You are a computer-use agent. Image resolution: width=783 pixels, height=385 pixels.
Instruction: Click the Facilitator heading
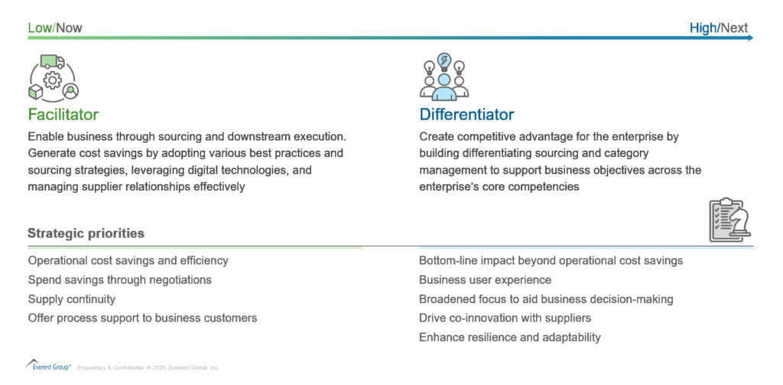(x=63, y=115)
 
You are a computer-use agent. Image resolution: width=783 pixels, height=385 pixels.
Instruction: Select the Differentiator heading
(x=466, y=115)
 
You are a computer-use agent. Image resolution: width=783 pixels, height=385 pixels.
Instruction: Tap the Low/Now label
(x=55, y=28)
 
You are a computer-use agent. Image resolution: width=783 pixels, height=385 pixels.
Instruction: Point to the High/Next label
(x=719, y=28)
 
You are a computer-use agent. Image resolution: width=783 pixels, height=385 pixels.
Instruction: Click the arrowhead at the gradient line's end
(x=751, y=38)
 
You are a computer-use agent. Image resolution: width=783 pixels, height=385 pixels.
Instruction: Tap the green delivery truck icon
(x=53, y=61)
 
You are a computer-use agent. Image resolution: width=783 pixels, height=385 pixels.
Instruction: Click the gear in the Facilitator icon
(x=53, y=80)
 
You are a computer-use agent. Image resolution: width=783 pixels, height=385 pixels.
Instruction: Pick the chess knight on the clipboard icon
(x=740, y=223)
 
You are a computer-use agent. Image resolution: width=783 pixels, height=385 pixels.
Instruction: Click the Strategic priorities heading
(x=86, y=233)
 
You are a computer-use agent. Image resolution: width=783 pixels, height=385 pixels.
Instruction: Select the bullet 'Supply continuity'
(x=72, y=299)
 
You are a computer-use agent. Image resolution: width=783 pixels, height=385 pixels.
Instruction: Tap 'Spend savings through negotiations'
(x=120, y=279)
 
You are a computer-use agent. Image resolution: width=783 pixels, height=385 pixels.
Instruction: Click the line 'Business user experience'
(x=486, y=279)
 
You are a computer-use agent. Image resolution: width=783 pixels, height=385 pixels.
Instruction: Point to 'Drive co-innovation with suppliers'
(x=505, y=318)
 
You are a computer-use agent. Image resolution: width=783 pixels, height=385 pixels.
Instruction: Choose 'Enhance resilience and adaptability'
(x=510, y=338)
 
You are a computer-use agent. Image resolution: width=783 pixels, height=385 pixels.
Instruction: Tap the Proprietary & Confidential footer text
(x=148, y=367)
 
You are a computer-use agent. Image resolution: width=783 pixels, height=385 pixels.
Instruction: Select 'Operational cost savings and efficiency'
(x=128, y=260)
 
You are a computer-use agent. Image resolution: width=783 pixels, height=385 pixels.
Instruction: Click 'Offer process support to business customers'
(x=143, y=318)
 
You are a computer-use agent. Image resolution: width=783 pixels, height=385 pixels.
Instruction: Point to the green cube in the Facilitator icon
(x=36, y=93)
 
